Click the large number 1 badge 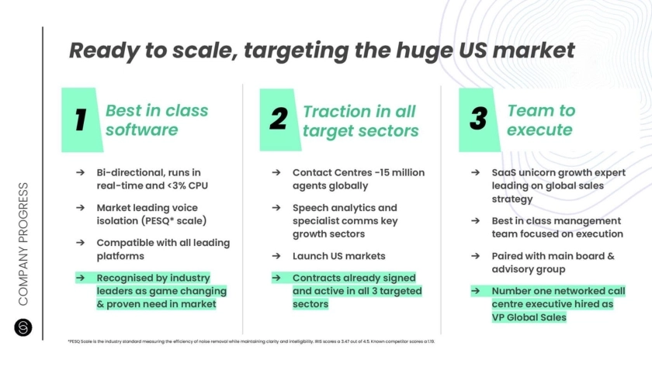(82, 119)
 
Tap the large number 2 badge (280, 119)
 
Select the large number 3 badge (479, 119)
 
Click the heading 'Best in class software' (157, 120)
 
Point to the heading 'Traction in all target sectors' (360, 121)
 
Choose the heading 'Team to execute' (541, 120)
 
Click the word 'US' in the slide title (473, 50)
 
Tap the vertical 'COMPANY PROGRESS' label (23, 244)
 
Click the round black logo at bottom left (23, 327)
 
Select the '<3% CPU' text (188, 185)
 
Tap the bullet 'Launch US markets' (339, 256)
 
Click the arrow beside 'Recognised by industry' (80, 278)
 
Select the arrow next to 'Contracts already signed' (276, 278)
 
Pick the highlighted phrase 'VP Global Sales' (529, 317)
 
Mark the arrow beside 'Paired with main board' (475, 256)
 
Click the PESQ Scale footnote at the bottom (251, 341)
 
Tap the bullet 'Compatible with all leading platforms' (163, 249)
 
